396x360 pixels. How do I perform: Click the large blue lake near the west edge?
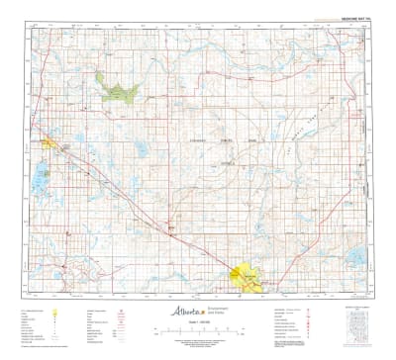[x=40, y=179]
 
